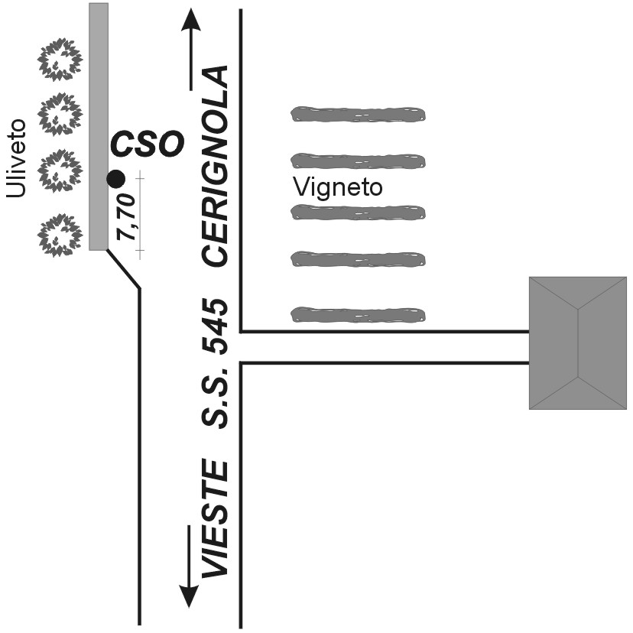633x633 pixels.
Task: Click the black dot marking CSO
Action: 115,179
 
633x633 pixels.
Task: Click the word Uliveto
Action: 16,158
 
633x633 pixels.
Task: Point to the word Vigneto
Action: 337,187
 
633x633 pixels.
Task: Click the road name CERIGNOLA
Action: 216,166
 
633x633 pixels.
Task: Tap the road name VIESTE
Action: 216,519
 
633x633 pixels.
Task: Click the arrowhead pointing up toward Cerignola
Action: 190,18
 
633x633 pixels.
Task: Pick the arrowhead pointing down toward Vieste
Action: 190,596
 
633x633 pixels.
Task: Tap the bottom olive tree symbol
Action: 60,234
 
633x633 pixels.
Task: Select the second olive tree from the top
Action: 60,115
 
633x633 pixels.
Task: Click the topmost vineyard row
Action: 358,115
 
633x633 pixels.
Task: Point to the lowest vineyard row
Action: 358,313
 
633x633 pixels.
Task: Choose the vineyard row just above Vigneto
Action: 358,161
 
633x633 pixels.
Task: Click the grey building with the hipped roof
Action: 577,342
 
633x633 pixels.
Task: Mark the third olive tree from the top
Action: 60,170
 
